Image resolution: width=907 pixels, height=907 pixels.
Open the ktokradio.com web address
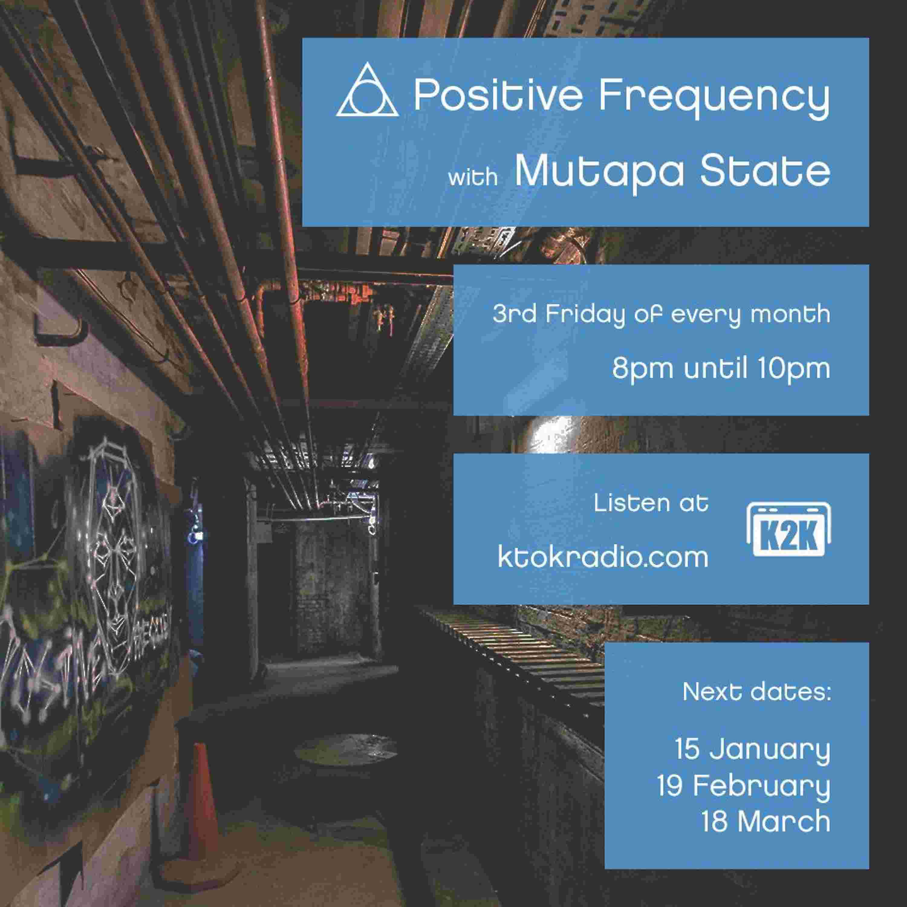pos(603,557)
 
